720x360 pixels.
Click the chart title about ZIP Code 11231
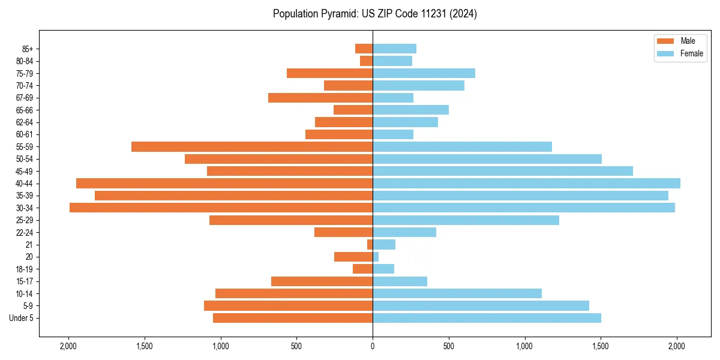tap(374, 14)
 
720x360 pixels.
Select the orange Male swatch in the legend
tap(665, 41)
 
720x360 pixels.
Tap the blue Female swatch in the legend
tap(665, 53)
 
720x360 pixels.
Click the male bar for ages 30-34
tap(221, 208)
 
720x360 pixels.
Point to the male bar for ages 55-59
tap(252, 146)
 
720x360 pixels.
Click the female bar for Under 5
tap(487, 318)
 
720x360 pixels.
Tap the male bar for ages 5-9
tap(288, 305)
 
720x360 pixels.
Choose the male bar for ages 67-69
tap(320, 98)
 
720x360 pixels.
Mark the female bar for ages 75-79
tap(424, 73)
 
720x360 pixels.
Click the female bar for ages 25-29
tap(466, 220)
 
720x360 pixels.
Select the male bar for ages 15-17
tap(322, 281)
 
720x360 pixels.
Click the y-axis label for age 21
tap(29, 245)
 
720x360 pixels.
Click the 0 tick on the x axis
tap(373, 346)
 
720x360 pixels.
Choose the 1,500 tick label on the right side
tap(601, 346)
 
